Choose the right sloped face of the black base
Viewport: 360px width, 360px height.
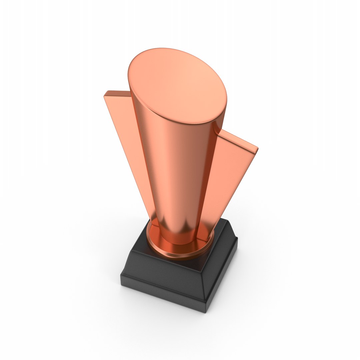tap(220, 267)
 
